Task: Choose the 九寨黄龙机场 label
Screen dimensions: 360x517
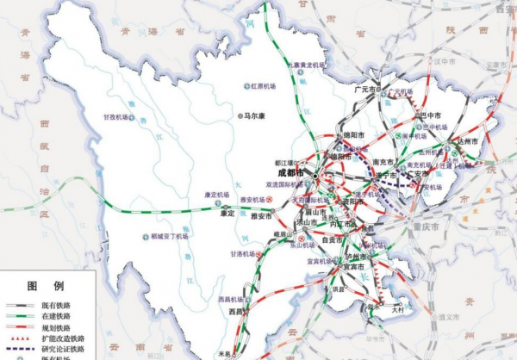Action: click(309, 65)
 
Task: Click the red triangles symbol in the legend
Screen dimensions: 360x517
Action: click(16, 338)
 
